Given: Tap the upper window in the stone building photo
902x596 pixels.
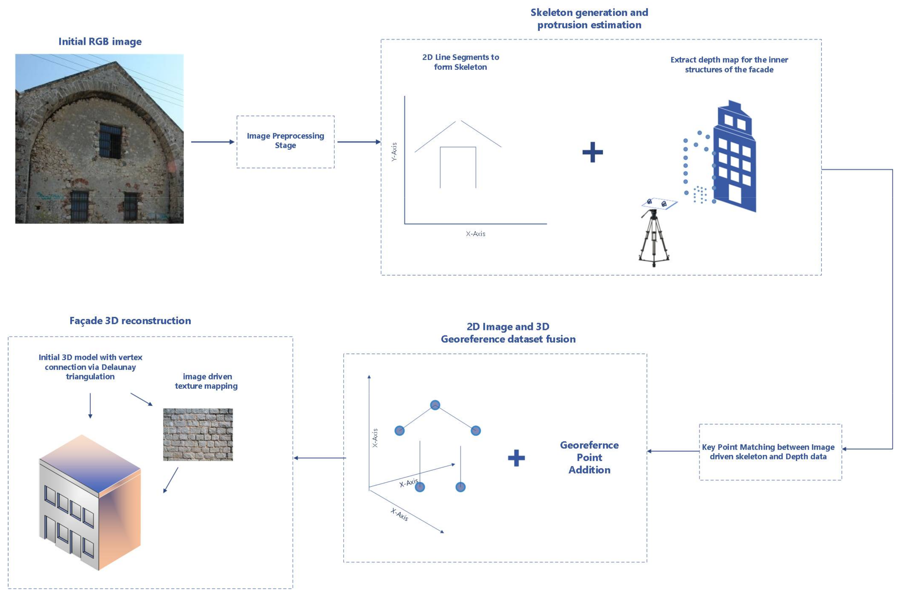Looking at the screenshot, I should click(110, 141).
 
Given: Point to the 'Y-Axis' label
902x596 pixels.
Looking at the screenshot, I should click(394, 152).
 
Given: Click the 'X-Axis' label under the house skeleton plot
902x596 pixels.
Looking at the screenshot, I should click(476, 234).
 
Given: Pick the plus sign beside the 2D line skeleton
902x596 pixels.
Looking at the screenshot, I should click(592, 152).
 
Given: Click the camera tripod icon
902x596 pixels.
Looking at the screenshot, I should click(653, 238).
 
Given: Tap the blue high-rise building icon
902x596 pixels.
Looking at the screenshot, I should click(734, 160).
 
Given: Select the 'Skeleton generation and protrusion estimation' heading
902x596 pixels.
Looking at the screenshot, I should click(589, 19).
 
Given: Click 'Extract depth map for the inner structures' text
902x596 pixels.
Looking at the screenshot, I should click(729, 65).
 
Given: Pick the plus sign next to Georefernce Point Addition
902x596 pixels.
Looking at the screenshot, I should click(516, 458).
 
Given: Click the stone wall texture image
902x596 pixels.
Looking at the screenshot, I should click(198, 434).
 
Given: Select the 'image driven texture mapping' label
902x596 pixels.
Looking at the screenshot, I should click(206, 381).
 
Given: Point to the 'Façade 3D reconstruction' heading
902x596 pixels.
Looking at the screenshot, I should click(130, 321).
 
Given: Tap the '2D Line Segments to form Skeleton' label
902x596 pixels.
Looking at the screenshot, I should click(460, 62).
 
